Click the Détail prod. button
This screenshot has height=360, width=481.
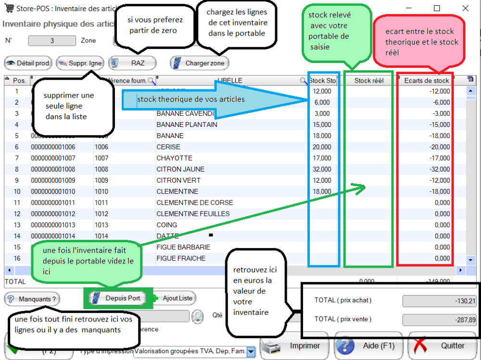(28, 63)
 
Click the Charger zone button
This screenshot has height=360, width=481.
(200, 63)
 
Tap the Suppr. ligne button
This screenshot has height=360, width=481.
(80, 63)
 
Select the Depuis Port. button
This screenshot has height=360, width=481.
(118, 298)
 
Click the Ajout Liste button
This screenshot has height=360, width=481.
(177, 298)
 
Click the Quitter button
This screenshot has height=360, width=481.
(443, 346)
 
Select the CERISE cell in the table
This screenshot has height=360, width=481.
(168, 147)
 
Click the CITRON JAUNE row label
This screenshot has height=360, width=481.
(180, 169)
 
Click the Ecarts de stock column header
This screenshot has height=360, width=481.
(426, 80)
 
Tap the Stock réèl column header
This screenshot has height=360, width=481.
(369, 80)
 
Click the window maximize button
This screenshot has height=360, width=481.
(437, 8)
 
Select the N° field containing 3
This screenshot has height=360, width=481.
(52, 41)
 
